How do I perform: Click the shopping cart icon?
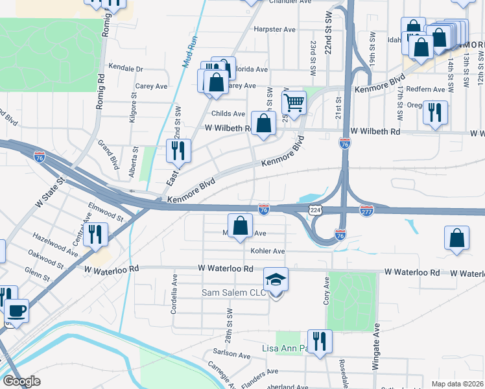(294, 102)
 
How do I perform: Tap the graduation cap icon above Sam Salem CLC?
(276, 279)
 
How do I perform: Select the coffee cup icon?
(17, 309)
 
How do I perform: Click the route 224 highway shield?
(315, 210)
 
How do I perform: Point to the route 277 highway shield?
(366, 210)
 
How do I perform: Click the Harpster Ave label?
(274, 29)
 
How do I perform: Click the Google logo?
(21, 381)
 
